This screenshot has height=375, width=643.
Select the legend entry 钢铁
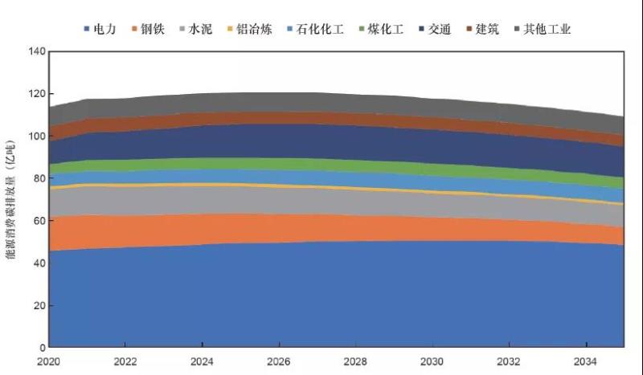tap(154, 30)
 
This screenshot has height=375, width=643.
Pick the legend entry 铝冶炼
tap(255, 30)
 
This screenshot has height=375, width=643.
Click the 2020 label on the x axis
tap(49, 361)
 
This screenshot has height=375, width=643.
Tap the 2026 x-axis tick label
tap(278, 361)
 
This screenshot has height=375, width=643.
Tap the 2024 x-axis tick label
tap(202, 361)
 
